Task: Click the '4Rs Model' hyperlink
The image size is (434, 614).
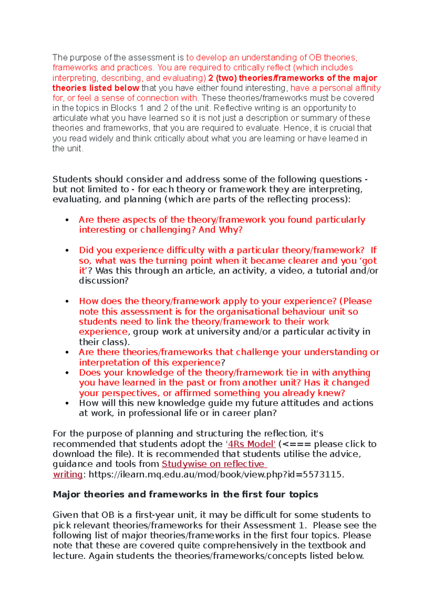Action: point(251,444)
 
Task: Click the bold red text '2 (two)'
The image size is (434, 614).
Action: point(222,78)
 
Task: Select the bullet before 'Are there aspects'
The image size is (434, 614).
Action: point(67,220)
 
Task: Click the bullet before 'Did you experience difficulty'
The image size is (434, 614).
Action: point(67,250)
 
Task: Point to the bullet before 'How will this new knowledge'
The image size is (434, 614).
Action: point(67,403)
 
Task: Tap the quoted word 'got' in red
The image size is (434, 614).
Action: point(369,261)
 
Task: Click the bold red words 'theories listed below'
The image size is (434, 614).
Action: point(95,88)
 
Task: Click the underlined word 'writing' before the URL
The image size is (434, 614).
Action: point(68,474)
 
